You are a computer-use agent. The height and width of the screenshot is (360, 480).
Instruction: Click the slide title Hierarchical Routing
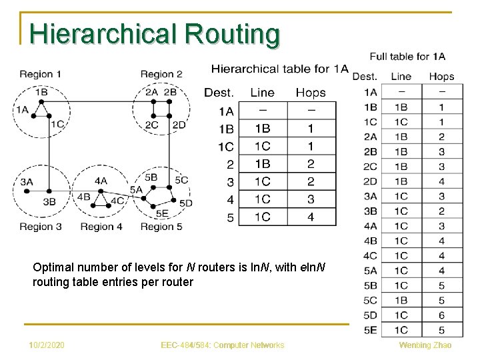click(x=155, y=34)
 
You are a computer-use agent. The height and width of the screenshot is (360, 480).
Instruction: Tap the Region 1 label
click(x=40, y=74)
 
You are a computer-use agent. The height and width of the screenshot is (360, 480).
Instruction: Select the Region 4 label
click(x=101, y=227)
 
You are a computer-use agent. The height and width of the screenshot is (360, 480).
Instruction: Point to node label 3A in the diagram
click(x=27, y=181)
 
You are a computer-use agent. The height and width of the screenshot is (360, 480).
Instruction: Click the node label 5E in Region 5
click(x=162, y=213)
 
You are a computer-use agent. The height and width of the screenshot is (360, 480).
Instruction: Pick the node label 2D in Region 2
click(x=179, y=125)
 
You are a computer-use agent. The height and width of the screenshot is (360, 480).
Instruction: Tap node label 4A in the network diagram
click(x=101, y=181)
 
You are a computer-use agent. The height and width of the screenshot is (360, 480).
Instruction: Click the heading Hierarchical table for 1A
click(x=279, y=68)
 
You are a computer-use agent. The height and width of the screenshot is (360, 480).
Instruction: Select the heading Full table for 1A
click(x=407, y=57)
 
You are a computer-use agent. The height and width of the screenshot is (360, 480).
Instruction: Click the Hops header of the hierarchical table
click(x=310, y=93)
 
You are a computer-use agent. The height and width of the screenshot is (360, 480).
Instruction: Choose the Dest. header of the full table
click(x=365, y=77)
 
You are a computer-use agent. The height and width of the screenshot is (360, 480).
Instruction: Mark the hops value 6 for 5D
click(x=441, y=315)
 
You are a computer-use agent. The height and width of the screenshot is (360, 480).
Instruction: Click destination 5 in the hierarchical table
click(x=230, y=217)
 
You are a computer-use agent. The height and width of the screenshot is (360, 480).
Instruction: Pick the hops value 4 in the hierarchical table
click(x=310, y=217)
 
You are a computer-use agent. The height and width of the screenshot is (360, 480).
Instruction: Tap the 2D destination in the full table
click(x=370, y=181)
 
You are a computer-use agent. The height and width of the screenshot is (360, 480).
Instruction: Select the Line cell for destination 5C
click(x=401, y=300)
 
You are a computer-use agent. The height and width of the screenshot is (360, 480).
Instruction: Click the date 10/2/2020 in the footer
click(x=47, y=345)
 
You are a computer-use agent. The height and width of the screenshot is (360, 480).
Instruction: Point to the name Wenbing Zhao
click(x=425, y=345)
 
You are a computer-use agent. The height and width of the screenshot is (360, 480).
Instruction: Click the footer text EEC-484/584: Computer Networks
click(x=223, y=345)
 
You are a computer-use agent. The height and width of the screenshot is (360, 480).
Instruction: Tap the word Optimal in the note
click(x=51, y=268)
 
